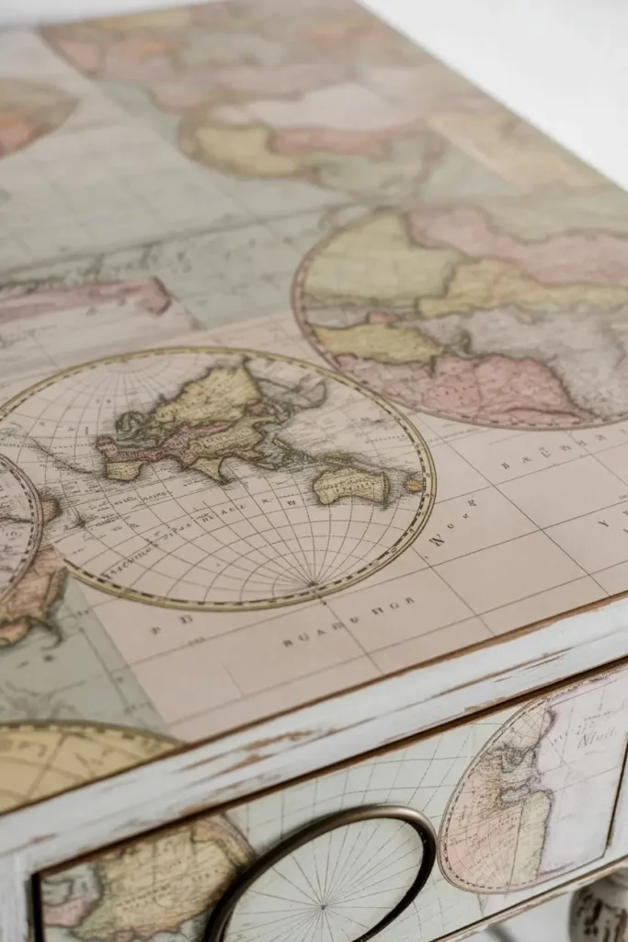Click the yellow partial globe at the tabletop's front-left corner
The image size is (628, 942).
click(64, 764)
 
